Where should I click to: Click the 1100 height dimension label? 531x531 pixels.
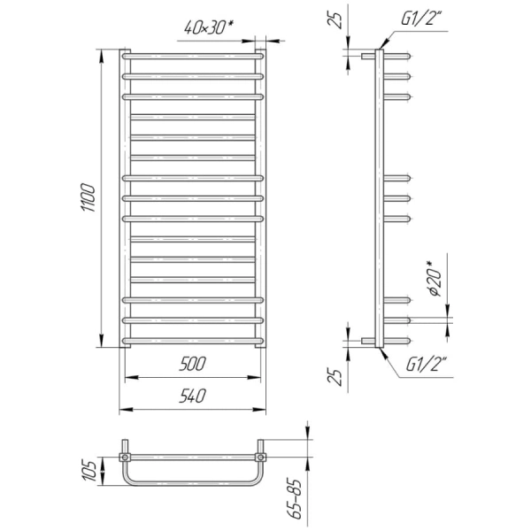point(88,197)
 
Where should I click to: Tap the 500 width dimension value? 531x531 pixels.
point(192,364)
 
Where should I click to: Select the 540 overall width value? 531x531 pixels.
point(192,396)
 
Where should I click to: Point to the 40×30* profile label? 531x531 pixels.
point(210,27)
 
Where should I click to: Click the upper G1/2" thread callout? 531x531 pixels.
point(422,18)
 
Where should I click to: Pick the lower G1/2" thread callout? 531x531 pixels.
point(427,364)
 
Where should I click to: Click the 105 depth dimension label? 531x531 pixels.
point(89,471)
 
